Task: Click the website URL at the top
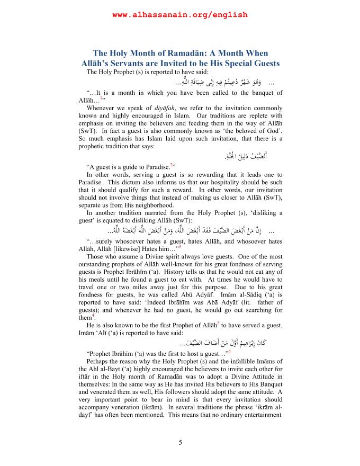(180, 15)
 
